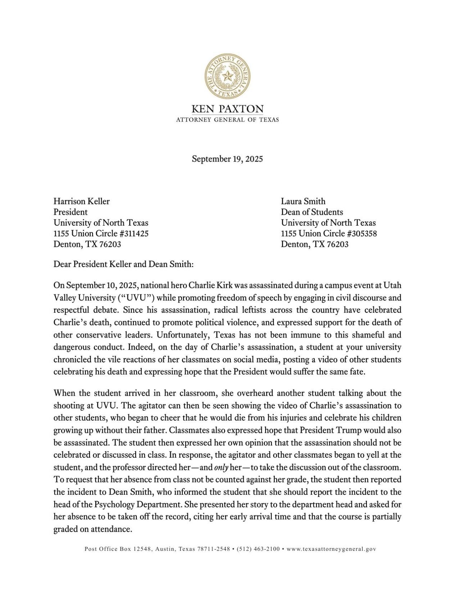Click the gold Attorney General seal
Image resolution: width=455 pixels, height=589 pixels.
tap(227, 76)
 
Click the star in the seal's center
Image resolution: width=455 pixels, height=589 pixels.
tap(227, 76)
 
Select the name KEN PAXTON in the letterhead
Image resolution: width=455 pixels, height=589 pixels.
tap(227, 109)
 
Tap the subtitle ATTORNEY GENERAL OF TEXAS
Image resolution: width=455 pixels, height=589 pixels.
tap(227, 120)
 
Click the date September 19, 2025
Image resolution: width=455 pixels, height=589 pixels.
tap(227, 159)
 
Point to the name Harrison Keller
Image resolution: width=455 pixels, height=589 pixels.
tap(82, 201)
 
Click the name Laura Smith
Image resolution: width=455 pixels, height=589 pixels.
tap(303, 201)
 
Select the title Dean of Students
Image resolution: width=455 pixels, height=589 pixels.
tap(312, 212)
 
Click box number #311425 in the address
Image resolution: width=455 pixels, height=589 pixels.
tap(134, 234)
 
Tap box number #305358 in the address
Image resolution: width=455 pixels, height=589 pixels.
tap(362, 234)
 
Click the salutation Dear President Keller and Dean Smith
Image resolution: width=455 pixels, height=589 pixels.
tap(123, 264)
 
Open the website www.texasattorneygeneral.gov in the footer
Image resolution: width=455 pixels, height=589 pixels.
tap(331, 549)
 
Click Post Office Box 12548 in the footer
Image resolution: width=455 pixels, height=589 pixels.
tap(117, 549)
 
